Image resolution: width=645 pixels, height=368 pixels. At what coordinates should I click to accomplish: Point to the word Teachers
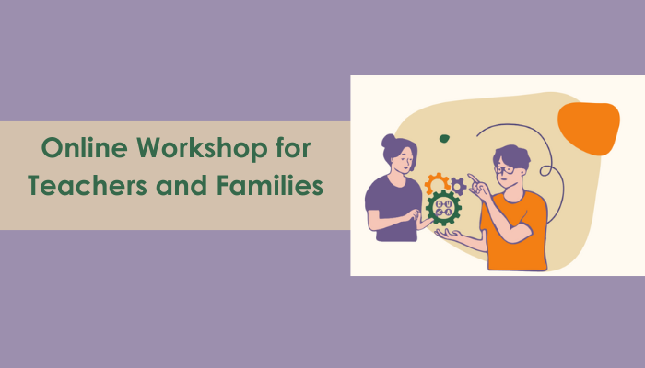83,186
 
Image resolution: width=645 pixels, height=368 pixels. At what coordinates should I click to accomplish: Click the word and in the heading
183,186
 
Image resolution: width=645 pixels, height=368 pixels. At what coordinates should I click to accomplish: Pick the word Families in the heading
273,186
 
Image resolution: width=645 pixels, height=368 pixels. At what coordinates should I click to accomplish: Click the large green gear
443,209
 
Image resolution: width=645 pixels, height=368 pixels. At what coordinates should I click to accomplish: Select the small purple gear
458,186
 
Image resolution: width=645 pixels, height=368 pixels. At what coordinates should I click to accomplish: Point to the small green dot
444,138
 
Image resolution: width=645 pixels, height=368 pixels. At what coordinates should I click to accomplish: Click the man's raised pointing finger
471,177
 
